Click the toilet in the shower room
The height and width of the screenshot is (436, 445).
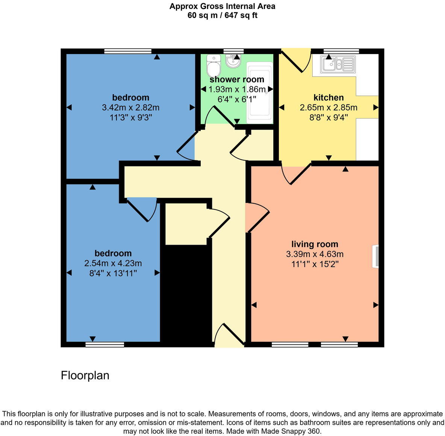point(213,66)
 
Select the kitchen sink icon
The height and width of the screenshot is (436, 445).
point(338,64)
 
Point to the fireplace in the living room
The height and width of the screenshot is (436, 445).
point(375,256)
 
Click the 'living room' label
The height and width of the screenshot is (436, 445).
point(315,244)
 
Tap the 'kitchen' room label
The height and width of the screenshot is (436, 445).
point(328,98)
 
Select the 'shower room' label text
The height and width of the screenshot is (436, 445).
point(237,80)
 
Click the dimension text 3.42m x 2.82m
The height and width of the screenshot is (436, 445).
point(130,107)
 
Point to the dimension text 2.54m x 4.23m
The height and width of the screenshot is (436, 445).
point(113,263)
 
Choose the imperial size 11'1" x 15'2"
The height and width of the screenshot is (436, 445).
point(315,264)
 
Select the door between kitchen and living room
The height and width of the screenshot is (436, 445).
point(297,174)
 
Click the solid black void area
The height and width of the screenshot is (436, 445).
point(186,293)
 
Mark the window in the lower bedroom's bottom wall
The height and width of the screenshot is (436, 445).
point(104,344)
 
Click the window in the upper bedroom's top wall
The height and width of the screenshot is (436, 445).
point(128,51)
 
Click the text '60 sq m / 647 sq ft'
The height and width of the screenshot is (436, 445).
point(222,16)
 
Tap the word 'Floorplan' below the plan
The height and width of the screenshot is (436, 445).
point(85,375)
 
